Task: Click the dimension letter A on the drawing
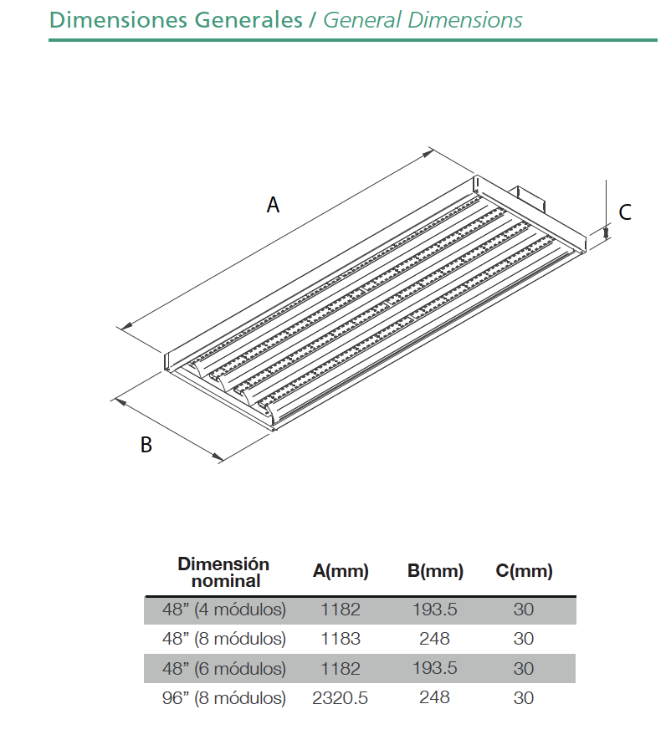(273, 205)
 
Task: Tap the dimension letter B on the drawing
(146, 445)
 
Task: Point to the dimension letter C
(625, 212)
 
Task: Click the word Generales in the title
(248, 20)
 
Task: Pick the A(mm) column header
(341, 571)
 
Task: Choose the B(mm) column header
(435, 571)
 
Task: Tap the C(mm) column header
(524, 571)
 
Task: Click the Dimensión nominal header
(223, 572)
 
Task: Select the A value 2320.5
(340, 697)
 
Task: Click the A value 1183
(341, 639)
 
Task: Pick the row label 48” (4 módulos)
(224, 610)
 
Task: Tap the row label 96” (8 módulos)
(224, 698)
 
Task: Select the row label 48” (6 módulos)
(224, 668)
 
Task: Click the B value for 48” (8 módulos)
(434, 639)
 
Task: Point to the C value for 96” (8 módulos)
(524, 697)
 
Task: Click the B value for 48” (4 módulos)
(434, 610)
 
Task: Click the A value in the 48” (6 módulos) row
(341, 668)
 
